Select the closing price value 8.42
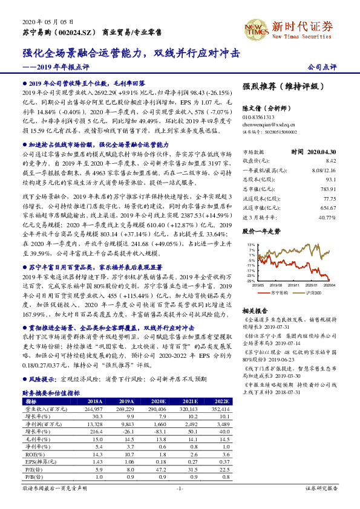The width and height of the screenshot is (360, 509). tap(330, 160)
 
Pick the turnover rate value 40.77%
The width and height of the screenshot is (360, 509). tap(327, 217)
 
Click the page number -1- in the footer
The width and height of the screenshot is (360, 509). tap(179, 487)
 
